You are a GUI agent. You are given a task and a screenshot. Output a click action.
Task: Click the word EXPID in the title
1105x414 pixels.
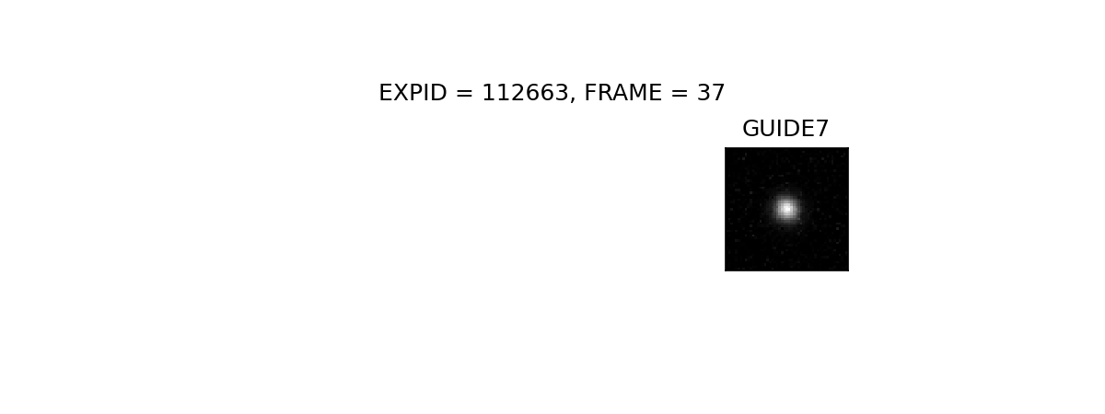pyautogui.click(x=413, y=93)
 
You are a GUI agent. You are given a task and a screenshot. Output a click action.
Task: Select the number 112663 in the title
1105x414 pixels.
pyautogui.click(x=526, y=93)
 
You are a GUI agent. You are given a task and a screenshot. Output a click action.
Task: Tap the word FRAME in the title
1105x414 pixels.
pyautogui.click(x=623, y=93)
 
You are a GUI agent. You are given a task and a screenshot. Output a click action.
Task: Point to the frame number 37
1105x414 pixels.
pyautogui.click(x=710, y=93)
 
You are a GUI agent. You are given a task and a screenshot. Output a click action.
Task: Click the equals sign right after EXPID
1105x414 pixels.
pyautogui.click(x=465, y=93)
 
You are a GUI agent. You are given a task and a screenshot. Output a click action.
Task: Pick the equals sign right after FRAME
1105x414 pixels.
pyautogui.click(x=680, y=93)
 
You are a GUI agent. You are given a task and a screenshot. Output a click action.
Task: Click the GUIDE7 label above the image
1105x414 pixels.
pyautogui.click(x=785, y=129)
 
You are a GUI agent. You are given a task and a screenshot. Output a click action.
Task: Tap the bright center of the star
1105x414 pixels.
pyautogui.click(x=786, y=209)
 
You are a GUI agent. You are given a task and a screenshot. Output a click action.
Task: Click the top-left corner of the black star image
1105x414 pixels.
pyautogui.click(x=725, y=147)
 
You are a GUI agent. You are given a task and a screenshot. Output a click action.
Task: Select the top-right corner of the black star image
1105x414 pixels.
pyautogui.click(x=849, y=147)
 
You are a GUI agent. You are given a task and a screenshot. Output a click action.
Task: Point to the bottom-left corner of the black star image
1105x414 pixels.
pyautogui.click(x=725, y=271)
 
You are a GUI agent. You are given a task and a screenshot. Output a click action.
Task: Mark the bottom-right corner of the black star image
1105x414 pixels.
pyautogui.click(x=849, y=271)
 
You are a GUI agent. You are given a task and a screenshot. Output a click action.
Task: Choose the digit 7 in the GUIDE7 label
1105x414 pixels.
pyautogui.click(x=822, y=129)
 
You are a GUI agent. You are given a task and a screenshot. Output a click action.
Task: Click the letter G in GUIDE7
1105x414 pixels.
pyautogui.click(x=750, y=129)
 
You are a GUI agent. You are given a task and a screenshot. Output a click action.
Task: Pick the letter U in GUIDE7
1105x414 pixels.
pyautogui.click(x=770, y=129)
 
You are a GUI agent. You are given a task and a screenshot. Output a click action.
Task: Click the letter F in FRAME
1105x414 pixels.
pyautogui.click(x=590, y=93)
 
